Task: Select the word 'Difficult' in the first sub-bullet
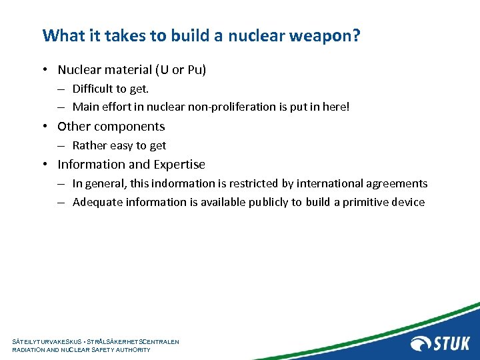[x=94, y=89]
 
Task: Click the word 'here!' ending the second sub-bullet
[x=335, y=107]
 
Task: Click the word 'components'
[x=129, y=127]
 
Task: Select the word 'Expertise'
[x=179, y=165]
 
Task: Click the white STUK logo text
[x=452, y=343]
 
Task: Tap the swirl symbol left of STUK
[x=421, y=343]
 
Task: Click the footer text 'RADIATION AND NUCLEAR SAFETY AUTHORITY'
[x=81, y=350]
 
